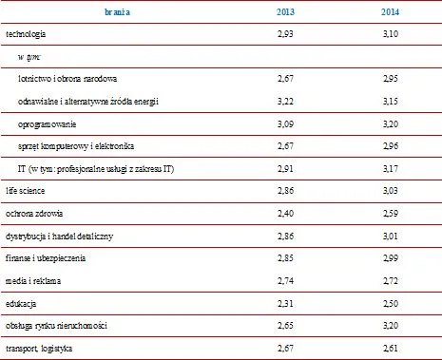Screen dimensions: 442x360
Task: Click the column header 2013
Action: (x=285, y=12)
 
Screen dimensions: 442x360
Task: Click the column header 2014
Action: (x=390, y=12)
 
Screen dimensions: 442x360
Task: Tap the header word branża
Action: (x=117, y=12)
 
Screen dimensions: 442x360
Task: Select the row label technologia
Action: (x=26, y=34)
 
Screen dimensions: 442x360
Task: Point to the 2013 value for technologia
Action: (x=285, y=33)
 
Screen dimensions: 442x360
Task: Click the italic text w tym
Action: (x=29, y=57)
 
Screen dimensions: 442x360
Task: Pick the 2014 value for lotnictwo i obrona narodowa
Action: (x=390, y=78)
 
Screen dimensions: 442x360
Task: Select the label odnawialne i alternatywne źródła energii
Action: (x=88, y=102)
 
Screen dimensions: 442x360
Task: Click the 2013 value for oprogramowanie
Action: (x=285, y=123)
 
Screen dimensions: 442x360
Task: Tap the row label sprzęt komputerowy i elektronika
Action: (x=76, y=146)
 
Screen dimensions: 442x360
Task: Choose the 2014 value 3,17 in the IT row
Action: (x=390, y=169)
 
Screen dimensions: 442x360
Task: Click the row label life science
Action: (x=26, y=191)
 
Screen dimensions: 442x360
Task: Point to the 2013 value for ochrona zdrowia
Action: (x=285, y=214)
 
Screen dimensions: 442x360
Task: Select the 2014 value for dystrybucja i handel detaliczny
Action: (x=390, y=237)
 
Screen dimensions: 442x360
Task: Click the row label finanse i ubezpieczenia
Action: (x=46, y=258)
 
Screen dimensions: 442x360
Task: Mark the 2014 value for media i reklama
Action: (x=390, y=281)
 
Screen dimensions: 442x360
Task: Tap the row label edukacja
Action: (x=21, y=304)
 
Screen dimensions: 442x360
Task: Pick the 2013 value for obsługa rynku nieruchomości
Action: (x=285, y=326)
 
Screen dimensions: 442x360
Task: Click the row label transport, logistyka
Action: (x=39, y=349)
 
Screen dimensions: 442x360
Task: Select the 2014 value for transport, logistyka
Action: (x=390, y=349)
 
